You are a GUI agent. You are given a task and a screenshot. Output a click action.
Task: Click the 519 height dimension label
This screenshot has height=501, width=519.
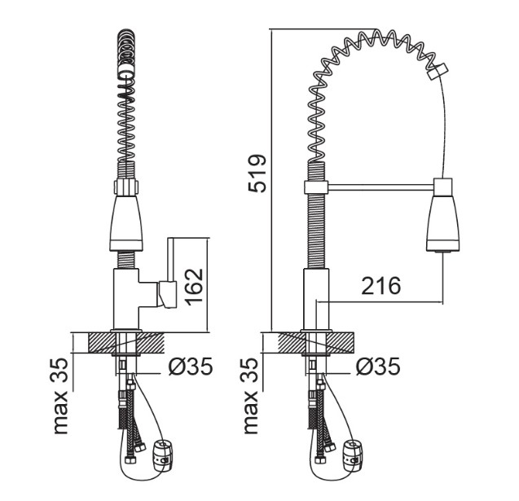click(257, 173)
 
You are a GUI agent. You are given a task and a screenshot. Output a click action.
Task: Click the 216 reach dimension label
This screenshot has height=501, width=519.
click(381, 286)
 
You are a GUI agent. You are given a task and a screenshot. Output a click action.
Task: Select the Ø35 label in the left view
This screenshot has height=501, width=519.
click(191, 367)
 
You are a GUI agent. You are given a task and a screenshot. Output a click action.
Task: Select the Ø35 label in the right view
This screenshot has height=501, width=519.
click(378, 367)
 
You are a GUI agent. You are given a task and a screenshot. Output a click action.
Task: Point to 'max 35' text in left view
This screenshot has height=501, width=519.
click(60, 396)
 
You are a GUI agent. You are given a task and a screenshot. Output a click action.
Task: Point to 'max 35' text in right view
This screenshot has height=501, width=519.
click(251, 396)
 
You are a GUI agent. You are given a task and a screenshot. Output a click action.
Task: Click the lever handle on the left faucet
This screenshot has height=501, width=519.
click(168, 294)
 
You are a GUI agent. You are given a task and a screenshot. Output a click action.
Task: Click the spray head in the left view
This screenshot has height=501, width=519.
click(125, 223)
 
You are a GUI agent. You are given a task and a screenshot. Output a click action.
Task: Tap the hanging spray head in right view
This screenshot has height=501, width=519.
click(443, 223)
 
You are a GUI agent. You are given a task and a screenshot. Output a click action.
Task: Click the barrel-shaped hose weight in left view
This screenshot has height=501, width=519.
click(162, 455)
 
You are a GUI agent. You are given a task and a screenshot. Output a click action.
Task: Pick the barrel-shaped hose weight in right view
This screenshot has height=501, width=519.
click(353, 455)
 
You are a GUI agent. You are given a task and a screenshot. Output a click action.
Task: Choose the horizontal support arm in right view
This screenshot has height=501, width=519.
click(380, 187)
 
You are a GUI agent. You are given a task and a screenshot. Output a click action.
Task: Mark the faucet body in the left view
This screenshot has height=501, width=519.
click(125, 299)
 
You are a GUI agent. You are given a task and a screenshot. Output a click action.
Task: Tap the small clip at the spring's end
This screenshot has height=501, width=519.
click(438, 72)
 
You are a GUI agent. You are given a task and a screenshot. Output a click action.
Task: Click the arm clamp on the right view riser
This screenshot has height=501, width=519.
click(316, 187)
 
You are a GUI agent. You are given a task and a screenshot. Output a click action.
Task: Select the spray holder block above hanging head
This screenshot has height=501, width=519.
click(443, 187)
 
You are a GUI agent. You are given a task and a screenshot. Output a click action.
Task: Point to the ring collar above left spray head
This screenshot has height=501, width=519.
click(125, 187)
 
